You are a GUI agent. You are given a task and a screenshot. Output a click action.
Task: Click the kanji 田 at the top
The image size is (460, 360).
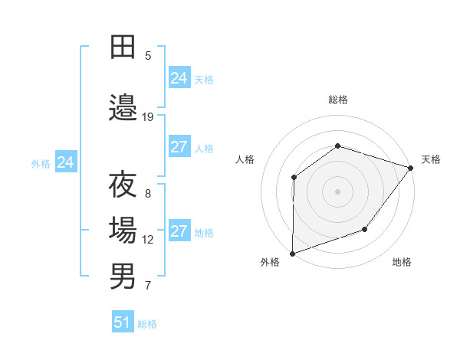123,47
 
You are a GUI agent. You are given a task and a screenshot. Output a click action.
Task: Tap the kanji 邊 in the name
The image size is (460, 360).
123,108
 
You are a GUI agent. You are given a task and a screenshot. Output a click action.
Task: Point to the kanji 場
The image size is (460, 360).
123,231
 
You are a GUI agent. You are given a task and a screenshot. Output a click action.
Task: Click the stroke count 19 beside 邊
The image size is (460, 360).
148,116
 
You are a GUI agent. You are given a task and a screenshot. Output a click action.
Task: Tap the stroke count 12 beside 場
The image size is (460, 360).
148,239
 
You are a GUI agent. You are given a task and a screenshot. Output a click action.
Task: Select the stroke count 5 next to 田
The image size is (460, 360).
148,55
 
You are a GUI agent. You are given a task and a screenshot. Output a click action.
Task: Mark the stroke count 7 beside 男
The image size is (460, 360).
148,286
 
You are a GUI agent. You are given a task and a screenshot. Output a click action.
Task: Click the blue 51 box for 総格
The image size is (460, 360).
123,322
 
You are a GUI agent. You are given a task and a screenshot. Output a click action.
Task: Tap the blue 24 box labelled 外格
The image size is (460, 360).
66,162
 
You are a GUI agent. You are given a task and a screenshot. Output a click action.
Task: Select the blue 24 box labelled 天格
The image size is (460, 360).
179,77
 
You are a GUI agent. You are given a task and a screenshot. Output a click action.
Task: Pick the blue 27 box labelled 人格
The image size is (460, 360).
179,147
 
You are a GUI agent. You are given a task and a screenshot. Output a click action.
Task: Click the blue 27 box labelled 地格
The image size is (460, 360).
179,231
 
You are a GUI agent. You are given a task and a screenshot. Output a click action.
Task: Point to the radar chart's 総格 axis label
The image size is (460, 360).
337,100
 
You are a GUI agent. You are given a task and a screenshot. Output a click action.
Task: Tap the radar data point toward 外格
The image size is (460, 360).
292,253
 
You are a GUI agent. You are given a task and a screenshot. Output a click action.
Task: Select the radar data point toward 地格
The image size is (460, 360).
365,229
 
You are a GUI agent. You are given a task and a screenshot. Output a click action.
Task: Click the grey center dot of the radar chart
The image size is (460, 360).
337,191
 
